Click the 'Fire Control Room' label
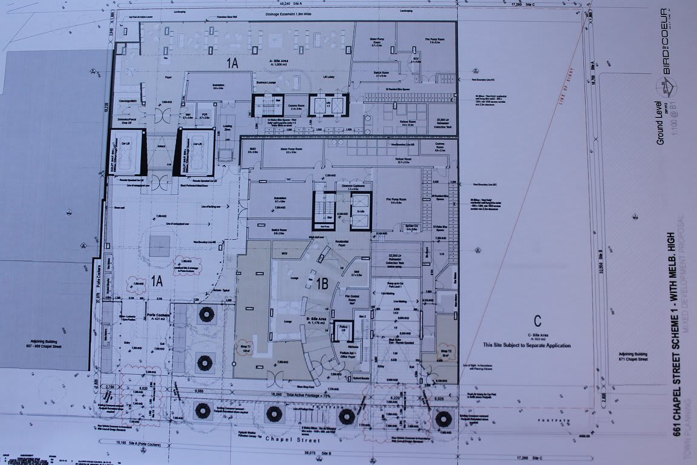click(352, 298)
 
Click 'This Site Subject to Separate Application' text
click(526, 345)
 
